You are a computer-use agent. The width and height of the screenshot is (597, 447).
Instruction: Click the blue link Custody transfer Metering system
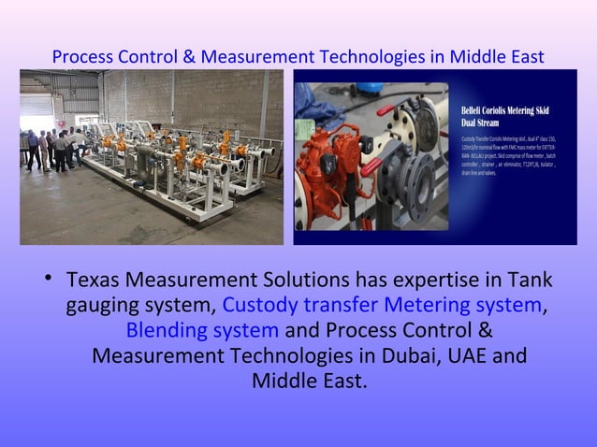[x=382, y=305]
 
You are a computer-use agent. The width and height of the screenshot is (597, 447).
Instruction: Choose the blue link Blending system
[x=202, y=330]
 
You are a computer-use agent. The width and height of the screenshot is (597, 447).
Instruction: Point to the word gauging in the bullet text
[x=103, y=306]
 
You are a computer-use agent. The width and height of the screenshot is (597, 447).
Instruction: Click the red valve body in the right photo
[x=328, y=166]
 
